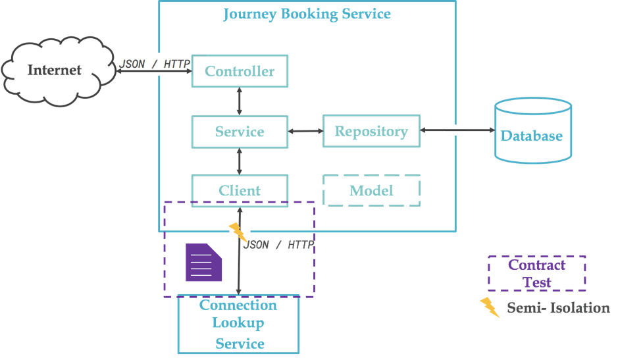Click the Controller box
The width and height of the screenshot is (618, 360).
(240, 71)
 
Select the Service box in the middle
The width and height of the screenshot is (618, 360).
(240, 132)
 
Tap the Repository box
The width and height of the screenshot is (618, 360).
(371, 132)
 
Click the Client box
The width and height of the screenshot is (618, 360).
(240, 191)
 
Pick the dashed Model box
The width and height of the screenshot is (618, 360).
(372, 191)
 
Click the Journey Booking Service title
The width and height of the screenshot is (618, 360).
(307, 14)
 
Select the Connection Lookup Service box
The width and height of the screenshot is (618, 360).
(238, 324)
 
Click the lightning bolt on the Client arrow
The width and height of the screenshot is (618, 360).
(236, 231)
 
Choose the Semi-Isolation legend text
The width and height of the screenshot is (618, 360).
(558, 308)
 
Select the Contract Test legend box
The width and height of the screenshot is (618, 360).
(536, 273)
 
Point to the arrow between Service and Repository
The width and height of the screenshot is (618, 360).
(305, 132)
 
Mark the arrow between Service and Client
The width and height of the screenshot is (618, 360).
(240, 161)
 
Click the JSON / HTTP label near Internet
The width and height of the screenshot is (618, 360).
(155, 64)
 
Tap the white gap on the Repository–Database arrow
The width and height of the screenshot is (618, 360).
(455, 130)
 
